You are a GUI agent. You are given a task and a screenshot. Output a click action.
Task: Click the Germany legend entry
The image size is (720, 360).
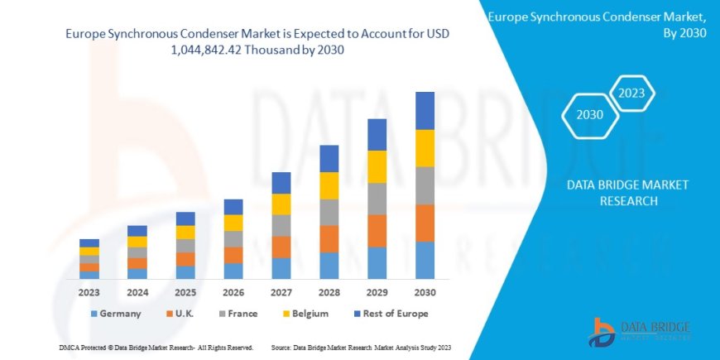click(x=115, y=314)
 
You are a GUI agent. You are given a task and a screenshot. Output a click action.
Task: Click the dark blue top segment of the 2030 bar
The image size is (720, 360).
click(x=425, y=110)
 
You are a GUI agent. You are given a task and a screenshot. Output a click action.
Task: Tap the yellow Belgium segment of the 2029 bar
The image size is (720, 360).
click(x=377, y=166)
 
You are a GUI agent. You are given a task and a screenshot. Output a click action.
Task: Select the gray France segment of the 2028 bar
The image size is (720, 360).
click(x=329, y=212)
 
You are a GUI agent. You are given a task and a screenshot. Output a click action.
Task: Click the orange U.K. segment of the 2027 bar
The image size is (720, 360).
click(x=281, y=247)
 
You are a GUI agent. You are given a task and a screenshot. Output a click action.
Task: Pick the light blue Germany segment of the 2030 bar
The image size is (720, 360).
click(x=425, y=260)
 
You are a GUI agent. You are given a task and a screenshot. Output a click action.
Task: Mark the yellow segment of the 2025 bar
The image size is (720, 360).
click(x=185, y=233)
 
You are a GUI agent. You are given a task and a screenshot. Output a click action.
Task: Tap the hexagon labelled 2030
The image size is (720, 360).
click(x=589, y=116)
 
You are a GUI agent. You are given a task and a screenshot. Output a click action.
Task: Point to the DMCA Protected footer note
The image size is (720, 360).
click(x=156, y=348)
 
